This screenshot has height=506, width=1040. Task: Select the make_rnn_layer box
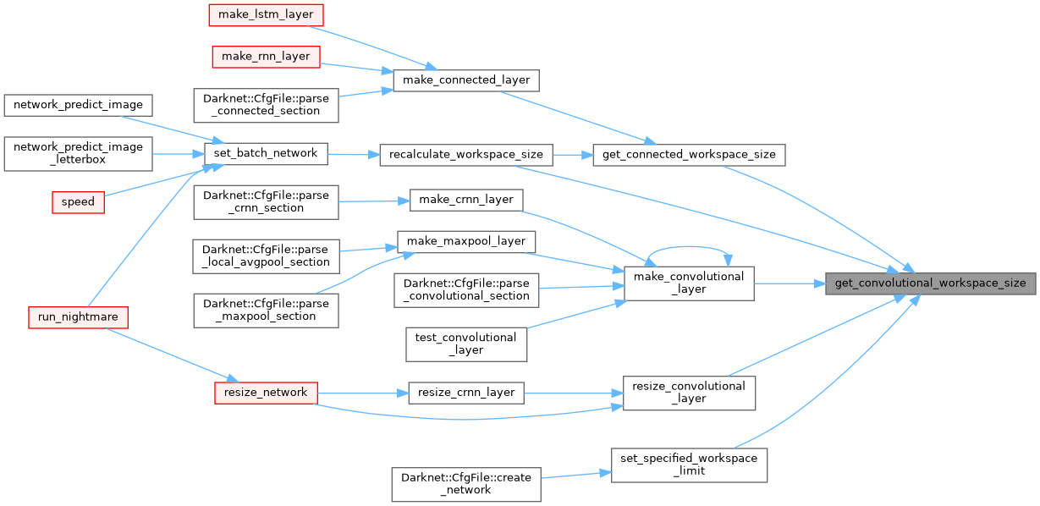[265, 57]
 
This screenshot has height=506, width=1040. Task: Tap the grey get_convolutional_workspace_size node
[930, 283]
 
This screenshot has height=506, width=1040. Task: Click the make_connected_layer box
[466, 80]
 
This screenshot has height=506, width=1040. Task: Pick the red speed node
[78, 202]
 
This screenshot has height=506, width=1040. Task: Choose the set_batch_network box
[266, 153]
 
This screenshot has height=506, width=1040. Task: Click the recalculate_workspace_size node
[466, 155]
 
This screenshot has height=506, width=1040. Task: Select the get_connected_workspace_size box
[689, 154]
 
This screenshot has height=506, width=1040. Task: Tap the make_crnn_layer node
[466, 200]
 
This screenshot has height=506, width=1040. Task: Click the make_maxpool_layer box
[466, 241]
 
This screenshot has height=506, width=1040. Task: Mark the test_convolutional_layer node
[466, 344]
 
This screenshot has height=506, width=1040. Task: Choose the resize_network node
[266, 393]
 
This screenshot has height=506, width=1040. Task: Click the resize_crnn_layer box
[466, 393]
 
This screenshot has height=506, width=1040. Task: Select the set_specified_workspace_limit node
[689, 465]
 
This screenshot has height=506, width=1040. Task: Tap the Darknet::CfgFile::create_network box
[466, 483]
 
